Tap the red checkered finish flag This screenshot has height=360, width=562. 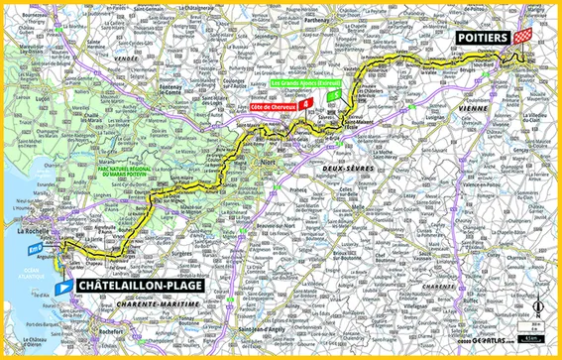click(x=524, y=36)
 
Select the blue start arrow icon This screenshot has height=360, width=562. click(x=63, y=285)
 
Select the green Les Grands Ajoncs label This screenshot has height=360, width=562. click(x=306, y=84)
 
